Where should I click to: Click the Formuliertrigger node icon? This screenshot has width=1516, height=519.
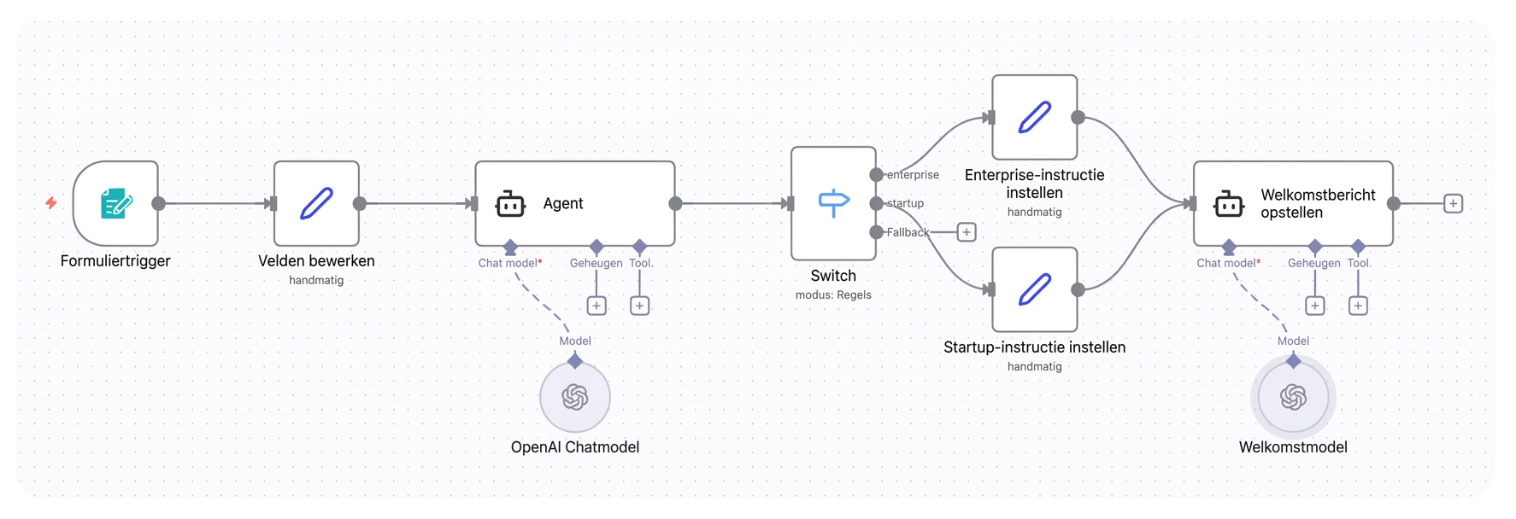tap(116, 203)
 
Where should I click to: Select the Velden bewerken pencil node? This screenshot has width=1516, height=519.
tap(316, 203)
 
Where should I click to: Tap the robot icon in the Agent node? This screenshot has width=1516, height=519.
tap(510, 204)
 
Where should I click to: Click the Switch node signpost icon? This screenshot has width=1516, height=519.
tap(833, 203)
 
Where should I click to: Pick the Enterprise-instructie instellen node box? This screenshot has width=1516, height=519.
tap(1035, 117)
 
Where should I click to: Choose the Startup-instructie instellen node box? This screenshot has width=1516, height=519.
tap(1035, 289)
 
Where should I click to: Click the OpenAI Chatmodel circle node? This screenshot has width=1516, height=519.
tap(575, 397)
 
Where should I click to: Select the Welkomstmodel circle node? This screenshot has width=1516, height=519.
tap(1293, 397)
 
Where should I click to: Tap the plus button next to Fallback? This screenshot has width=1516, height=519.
tap(967, 232)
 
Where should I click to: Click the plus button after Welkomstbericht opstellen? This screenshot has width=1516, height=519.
tap(1453, 203)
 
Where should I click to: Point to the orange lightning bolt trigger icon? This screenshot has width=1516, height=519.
tap(51, 203)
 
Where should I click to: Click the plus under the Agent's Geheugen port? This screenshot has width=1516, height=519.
tap(596, 306)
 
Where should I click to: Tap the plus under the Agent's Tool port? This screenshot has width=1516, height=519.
tap(639, 306)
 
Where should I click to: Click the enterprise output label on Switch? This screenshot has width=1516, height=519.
tap(913, 175)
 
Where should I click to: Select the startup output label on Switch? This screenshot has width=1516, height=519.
tap(905, 203)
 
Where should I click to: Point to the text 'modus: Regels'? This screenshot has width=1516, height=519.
tap(833, 294)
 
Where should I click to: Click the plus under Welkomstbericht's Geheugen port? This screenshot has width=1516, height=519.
tap(1315, 306)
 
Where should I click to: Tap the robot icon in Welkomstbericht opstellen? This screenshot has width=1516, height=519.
tap(1229, 204)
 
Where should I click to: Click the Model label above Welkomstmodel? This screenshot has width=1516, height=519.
tap(1293, 341)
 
